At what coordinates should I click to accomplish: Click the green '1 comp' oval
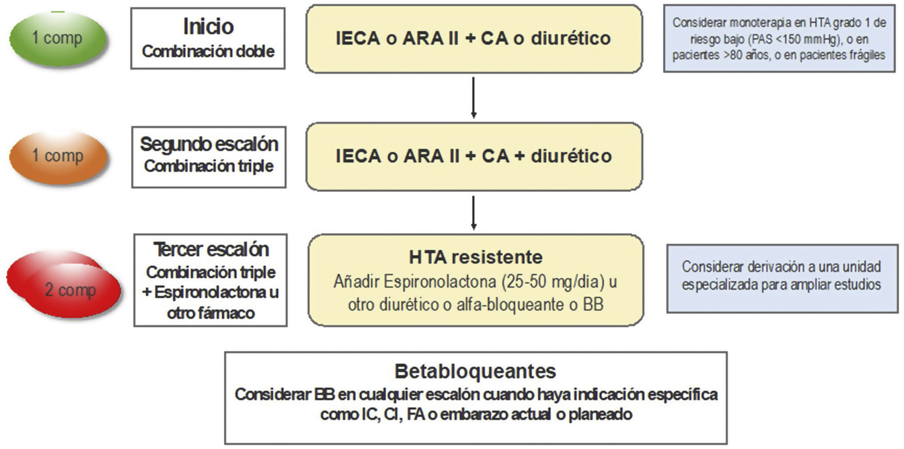click(58, 38)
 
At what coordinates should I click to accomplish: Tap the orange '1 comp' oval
click(58, 156)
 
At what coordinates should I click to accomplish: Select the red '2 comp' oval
click(71, 290)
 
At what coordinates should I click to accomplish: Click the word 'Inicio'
click(208, 27)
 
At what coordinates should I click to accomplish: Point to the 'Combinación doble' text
click(208, 52)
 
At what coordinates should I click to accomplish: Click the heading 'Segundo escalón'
click(209, 144)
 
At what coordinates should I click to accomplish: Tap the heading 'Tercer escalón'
click(211, 249)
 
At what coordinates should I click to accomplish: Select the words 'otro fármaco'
click(211, 313)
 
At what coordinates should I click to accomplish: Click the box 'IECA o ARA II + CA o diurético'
click(473, 39)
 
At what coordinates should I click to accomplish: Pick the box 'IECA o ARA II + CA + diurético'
click(473, 156)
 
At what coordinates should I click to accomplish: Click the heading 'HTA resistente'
click(475, 257)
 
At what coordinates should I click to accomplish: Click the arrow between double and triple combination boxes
click(473, 97)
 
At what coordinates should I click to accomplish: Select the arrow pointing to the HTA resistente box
click(473, 212)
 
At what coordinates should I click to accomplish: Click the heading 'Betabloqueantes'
click(475, 371)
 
